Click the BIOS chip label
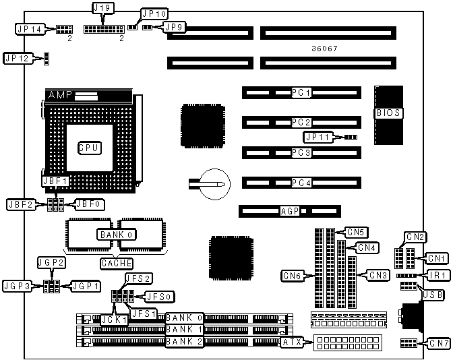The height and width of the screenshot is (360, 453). [389, 113]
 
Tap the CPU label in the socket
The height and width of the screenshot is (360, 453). [88, 147]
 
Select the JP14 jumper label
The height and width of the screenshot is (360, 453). [30, 29]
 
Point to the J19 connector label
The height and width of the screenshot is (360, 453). [102, 9]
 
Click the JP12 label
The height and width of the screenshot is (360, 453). [18, 58]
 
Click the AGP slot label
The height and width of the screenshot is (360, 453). [289, 212]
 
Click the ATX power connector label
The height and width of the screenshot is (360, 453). [292, 342]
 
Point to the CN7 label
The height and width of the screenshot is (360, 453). [438, 344]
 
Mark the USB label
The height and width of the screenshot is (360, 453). [429, 295]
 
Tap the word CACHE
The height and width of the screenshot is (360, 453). [116, 263]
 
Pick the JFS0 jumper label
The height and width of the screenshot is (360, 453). [160, 295]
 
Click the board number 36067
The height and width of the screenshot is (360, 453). [325, 49]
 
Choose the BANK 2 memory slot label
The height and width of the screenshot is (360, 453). [183, 342]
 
